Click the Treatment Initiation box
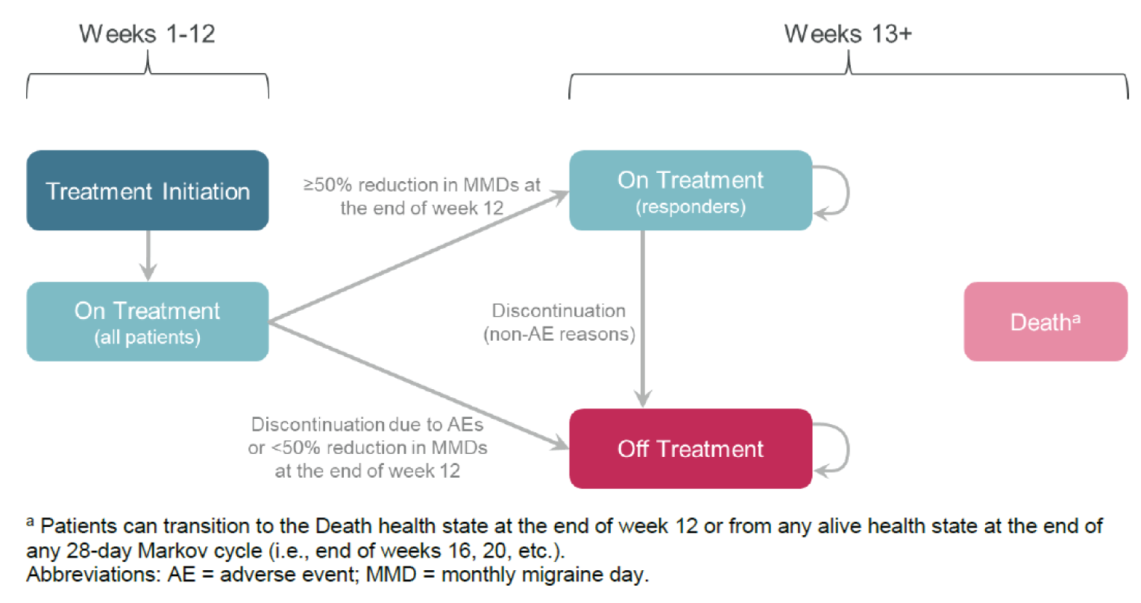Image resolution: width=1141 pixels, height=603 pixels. (148, 191)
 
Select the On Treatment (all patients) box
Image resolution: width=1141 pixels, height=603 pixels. (148, 321)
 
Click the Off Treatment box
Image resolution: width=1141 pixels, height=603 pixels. (690, 449)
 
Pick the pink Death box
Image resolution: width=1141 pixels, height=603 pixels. (1046, 322)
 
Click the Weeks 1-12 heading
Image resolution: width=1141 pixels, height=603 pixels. (147, 34)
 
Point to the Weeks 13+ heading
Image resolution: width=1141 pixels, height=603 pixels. (848, 34)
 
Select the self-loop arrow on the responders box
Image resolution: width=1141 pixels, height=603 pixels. (844, 191)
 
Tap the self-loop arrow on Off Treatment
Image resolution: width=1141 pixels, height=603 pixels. (844, 449)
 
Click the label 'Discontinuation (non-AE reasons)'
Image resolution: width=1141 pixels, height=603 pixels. (559, 322)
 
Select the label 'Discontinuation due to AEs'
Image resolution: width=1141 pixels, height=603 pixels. (367, 425)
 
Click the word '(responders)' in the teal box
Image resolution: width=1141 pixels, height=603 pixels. (690, 207)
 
